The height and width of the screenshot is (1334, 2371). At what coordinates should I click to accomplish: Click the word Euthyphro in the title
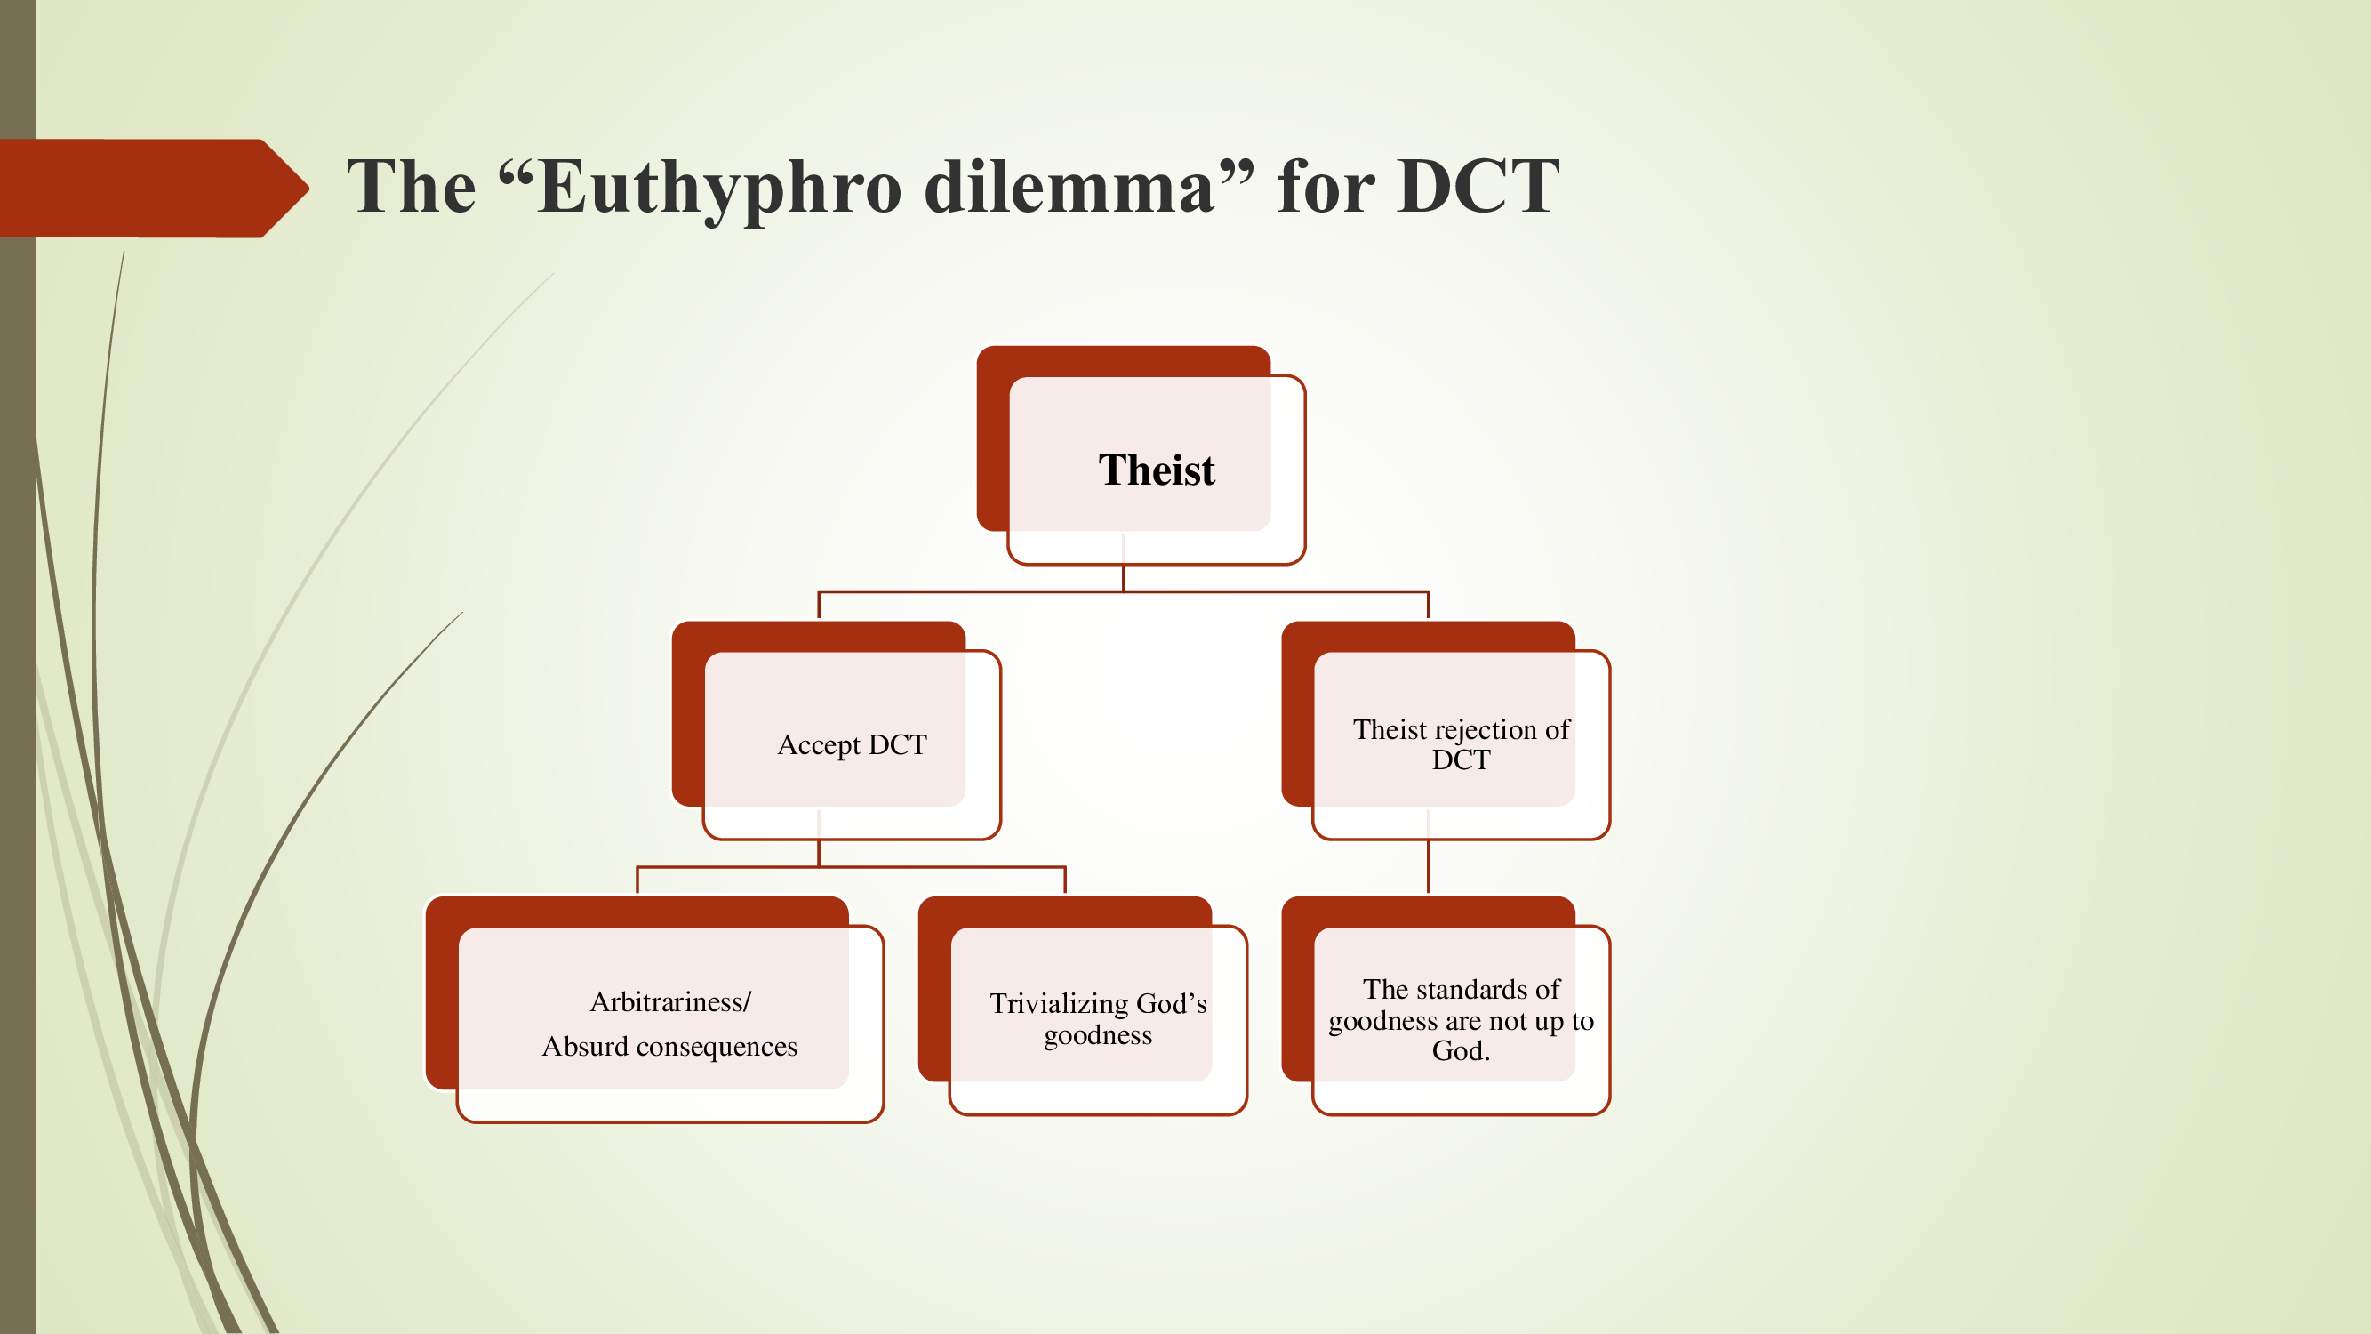tap(718, 189)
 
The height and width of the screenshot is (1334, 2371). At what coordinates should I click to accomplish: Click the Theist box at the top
tap(1156, 470)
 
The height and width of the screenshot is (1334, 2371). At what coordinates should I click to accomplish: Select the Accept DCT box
tap(852, 743)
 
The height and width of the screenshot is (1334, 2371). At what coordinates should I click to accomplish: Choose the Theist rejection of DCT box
tap(1461, 743)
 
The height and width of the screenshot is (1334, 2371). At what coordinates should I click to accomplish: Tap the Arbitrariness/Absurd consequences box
tap(669, 1023)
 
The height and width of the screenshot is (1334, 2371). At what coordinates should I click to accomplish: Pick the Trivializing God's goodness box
tap(1097, 1018)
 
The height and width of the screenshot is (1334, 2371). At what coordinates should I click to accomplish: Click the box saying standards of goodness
tap(1461, 1018)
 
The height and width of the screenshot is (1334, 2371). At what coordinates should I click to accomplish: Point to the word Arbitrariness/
tap(670, 1001)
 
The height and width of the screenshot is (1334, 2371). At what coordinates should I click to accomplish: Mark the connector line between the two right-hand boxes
tap(1428, 865)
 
